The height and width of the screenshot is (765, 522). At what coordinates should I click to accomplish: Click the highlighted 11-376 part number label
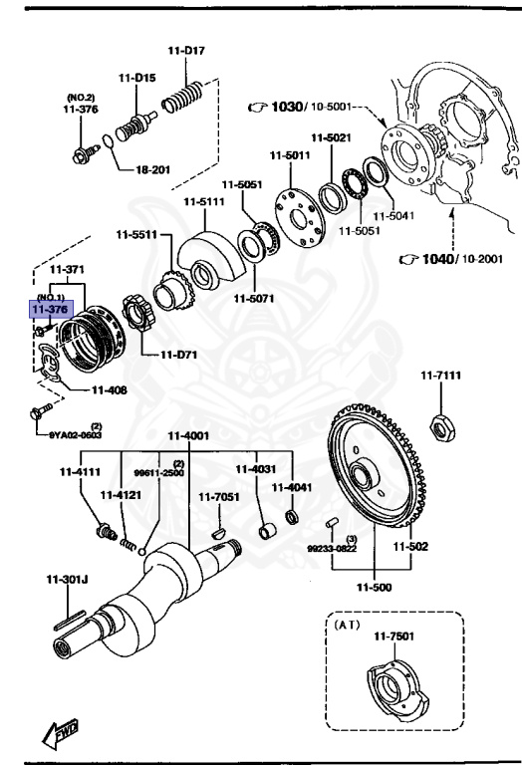50,311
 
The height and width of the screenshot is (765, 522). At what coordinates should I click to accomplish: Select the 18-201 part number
153,169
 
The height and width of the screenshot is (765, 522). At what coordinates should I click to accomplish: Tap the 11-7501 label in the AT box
393,636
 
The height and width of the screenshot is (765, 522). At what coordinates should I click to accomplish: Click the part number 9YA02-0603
73,433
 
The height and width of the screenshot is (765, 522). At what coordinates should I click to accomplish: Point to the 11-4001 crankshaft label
188,434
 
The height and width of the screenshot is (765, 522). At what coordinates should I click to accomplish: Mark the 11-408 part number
110,390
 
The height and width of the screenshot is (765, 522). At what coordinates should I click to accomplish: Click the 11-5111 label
202,202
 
